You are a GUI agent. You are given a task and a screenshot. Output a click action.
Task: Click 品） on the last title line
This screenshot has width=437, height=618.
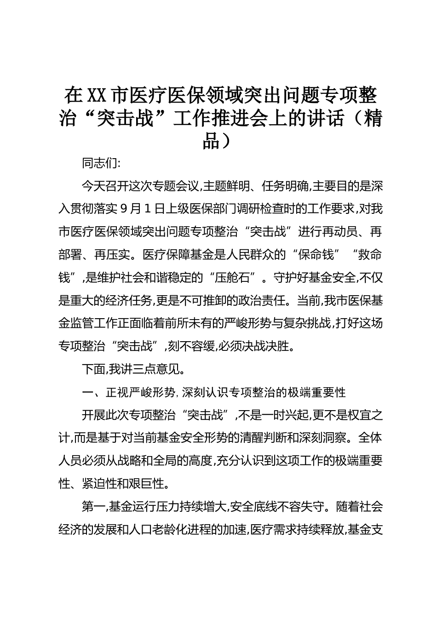pos(218,141)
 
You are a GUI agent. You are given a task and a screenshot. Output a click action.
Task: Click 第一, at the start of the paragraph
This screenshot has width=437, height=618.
pos(95,507)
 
